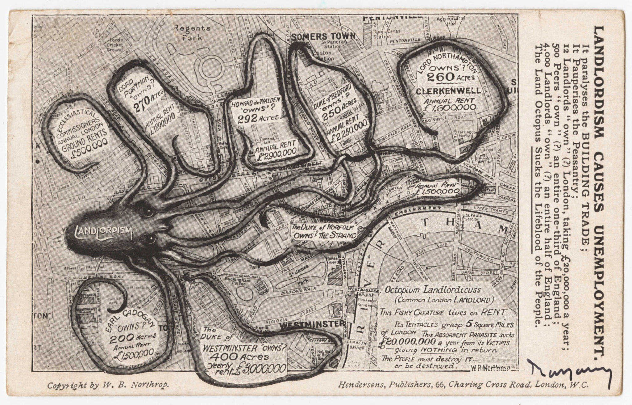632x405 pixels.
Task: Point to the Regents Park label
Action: click(x=192, y=33)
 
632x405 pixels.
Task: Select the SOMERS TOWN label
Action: click(x=323, y=36)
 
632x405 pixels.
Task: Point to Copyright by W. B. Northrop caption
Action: click(x=108, y=385)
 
